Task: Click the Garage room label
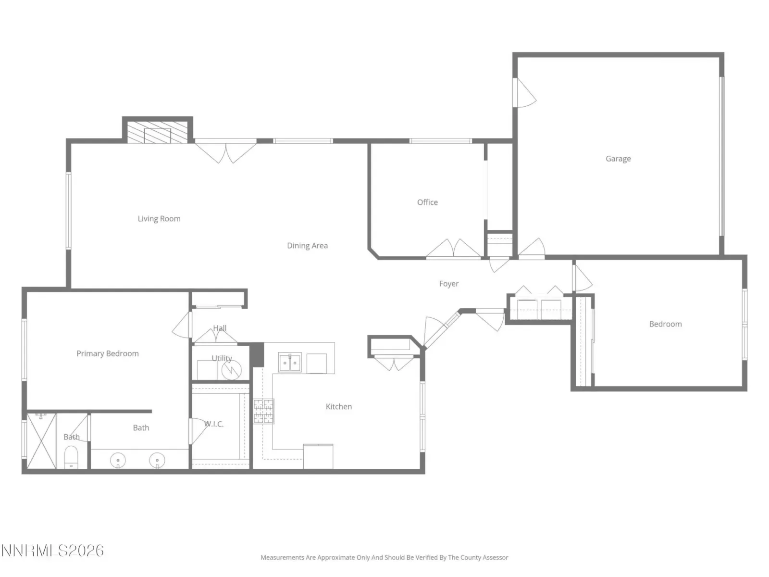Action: point(618,159)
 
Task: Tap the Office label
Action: point(427,202)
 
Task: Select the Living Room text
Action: point(159,219)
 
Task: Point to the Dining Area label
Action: point(307,246)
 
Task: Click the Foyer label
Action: point(448,284)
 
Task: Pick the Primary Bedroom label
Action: point(108,353)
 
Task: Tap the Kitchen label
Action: point(338,406)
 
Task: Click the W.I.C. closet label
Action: point(214,424)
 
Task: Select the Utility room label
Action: point(222,358)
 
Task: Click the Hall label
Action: point(220,328)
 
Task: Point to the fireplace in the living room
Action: point(157,132)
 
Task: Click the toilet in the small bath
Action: point(71,457)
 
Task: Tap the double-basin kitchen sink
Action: point(290,362)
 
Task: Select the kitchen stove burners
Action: point(263,411)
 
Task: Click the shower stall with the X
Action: point(41,441)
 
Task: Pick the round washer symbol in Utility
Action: point(231,370)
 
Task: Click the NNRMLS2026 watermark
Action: point(52,551)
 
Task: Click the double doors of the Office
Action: point(453,249)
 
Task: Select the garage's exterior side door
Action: point(524,92)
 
